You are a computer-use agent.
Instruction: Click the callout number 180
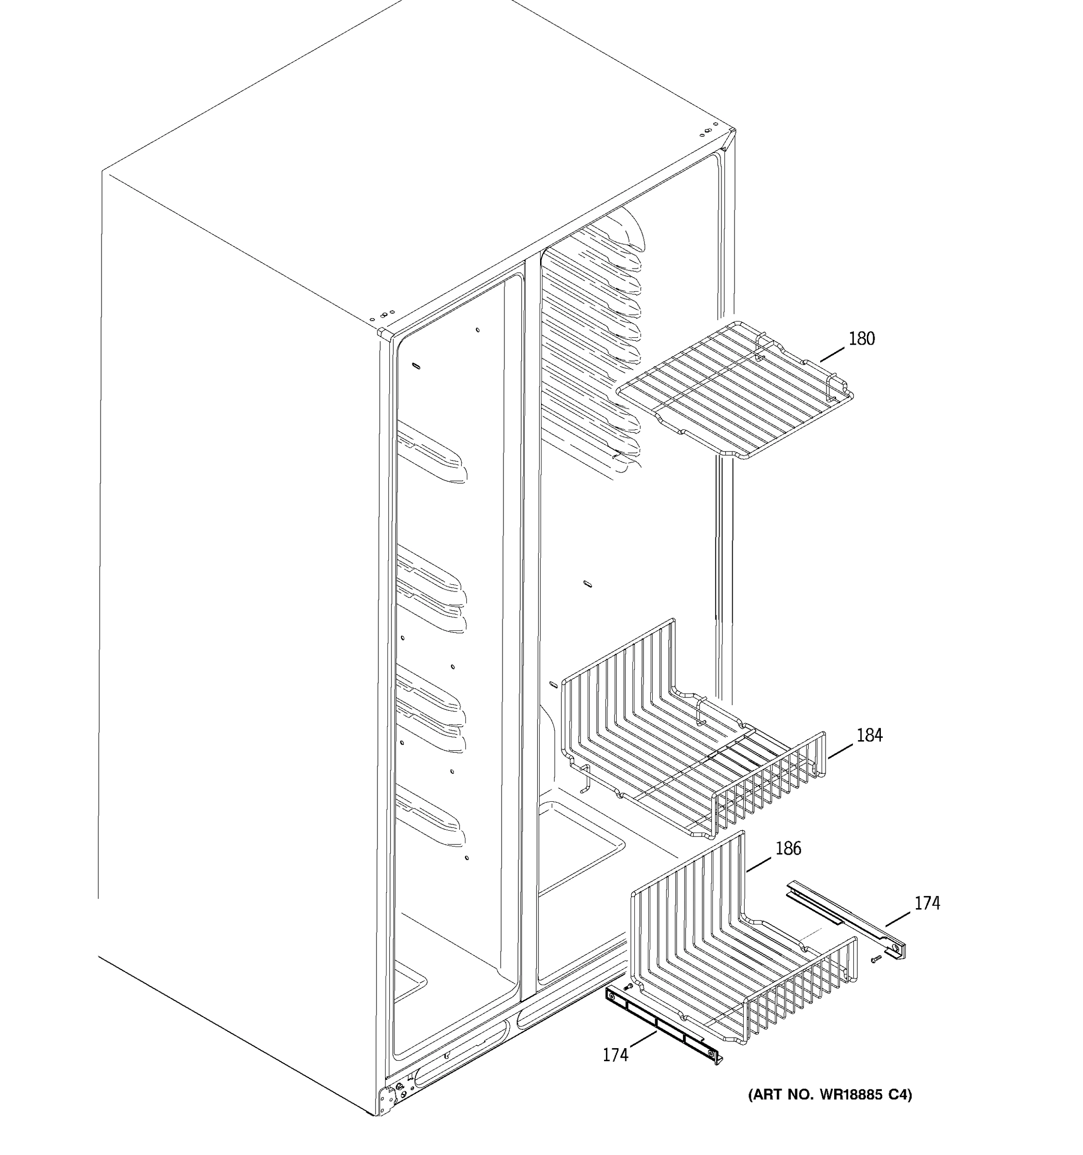point(861,339)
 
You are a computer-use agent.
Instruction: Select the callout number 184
point(869,735)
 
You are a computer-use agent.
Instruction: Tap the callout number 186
point(788,849)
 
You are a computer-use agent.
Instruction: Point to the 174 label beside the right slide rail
point(927,903)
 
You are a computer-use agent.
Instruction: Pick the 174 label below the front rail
point(615,1054)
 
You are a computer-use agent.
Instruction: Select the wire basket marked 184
point(691,755)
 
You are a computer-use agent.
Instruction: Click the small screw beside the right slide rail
point(876,959)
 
